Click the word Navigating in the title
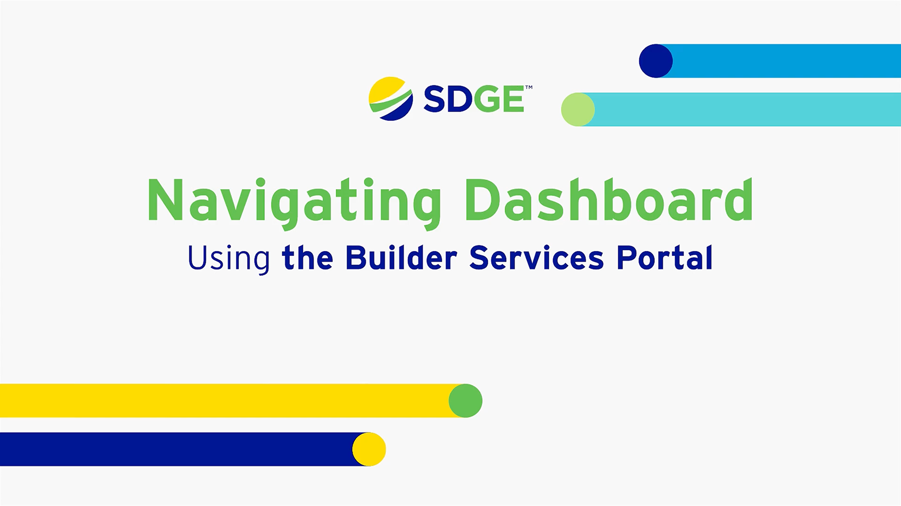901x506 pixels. (x=295, y=202)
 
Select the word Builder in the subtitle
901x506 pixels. (x=401, y=257)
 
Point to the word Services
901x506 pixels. (x=537, y=257)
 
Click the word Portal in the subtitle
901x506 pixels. (x=665, y=257)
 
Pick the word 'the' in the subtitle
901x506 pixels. (x=308, y=258)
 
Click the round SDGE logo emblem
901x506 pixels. (x=391, y=98)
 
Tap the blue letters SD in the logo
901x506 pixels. (x=448, y=99)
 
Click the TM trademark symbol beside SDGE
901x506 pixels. (x=529, y=88)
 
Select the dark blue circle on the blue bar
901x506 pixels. (x=656, y=61)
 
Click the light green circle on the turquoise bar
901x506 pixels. (x=578, y=109)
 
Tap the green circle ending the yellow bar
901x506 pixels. (x=466, y=401)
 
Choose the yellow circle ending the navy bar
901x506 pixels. (x=369, y=449)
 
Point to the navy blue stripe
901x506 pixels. (x=177, y=449)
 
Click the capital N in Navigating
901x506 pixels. (x=165, y=200)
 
